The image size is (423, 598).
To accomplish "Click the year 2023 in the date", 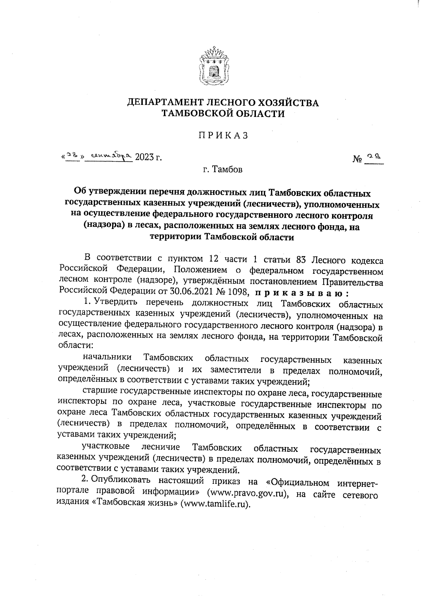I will tap(144, 157).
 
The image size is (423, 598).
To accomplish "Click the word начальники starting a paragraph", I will tap(108, 358).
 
